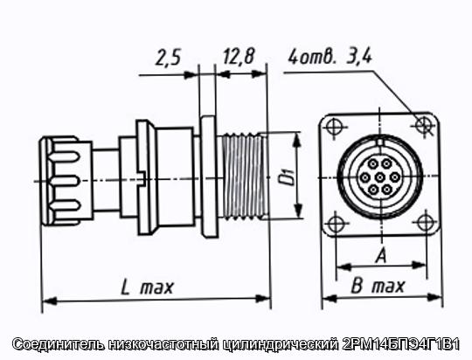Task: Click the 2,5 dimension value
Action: click(x=169, y=58)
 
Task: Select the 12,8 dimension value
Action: click(x=239, y=56)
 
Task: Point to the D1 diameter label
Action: click(x=286, y=177)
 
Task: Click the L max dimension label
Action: click(x=147, y=287)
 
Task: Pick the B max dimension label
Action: click(x=378, y=287)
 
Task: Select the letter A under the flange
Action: click(x=381, y=256)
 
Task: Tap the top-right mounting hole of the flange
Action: click(x=424, y=124)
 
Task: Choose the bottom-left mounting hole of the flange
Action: click(x=335, y=225)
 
